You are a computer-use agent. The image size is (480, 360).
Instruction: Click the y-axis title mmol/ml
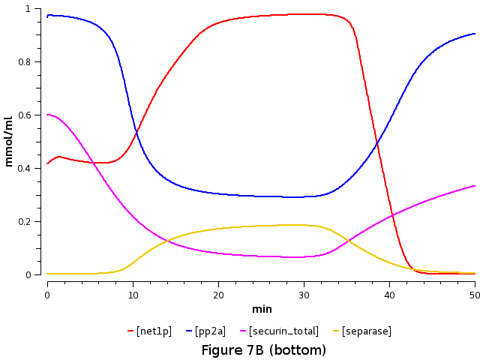[9, 142]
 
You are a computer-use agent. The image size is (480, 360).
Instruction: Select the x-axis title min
[262, 308]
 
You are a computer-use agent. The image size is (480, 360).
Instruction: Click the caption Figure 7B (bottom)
[264, 350]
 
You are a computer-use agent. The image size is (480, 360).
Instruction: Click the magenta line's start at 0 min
[47, 115]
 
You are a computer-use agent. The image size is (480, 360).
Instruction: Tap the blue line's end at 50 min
[475, 34]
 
